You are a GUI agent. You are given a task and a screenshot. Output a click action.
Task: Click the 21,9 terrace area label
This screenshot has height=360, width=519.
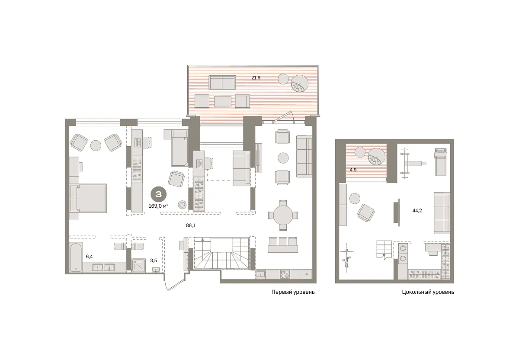[x=256, y=78]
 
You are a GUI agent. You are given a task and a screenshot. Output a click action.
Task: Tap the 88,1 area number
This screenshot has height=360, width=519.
[x=191, y=225]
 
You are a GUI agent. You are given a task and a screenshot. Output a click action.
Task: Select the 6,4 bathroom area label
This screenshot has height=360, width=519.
[x=89, y=257]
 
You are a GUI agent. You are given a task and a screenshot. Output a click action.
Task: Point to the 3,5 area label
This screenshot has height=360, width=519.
[x=154, y=260]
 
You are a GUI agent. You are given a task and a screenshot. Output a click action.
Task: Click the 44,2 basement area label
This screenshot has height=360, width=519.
[x=417, y=210]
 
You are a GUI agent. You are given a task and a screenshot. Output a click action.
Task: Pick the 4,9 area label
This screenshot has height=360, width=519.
[x=353, y=170]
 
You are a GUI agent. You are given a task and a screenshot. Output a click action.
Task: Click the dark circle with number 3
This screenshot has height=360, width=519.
[x=158, y=194]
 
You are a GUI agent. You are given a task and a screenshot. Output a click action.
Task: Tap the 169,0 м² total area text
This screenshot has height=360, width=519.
[x=158, y=206]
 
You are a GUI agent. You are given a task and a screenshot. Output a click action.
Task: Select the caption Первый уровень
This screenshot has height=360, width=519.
[x=293, y=292]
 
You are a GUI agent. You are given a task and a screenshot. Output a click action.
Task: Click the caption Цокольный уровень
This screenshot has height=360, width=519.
[x=428, y=292]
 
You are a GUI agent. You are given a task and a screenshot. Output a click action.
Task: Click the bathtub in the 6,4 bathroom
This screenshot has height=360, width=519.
[x=76, y=257]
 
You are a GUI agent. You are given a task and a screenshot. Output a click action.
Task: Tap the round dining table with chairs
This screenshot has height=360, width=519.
[x=283, y=215]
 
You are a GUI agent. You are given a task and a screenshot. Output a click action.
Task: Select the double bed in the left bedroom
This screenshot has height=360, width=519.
[x=88, y=198]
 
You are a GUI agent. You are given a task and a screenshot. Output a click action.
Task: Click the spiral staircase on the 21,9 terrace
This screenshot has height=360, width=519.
[x=300, y=84]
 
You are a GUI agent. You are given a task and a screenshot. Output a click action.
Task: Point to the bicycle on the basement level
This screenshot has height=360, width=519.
[x=346, y=257]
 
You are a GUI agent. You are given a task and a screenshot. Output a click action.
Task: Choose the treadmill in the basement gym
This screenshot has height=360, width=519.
[x=440, y=162]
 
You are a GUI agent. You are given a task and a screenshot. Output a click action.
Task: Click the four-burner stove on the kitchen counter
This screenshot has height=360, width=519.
[x=285, y=274]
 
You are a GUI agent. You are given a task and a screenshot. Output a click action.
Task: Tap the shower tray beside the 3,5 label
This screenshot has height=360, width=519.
[x=139, y=265]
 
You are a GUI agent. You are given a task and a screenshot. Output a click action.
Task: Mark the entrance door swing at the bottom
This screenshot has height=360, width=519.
[x=174, y=282]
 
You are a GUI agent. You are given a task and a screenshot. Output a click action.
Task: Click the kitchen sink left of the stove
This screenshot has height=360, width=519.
[x=261, y=274]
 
